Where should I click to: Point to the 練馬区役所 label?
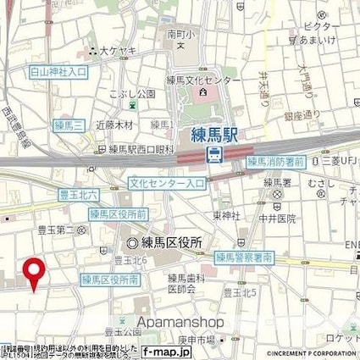pos(170,242)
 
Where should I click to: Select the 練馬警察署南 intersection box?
pos(244,256)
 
